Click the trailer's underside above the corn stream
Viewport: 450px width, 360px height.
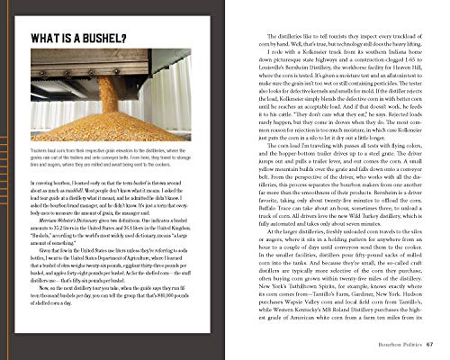(99, 76)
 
